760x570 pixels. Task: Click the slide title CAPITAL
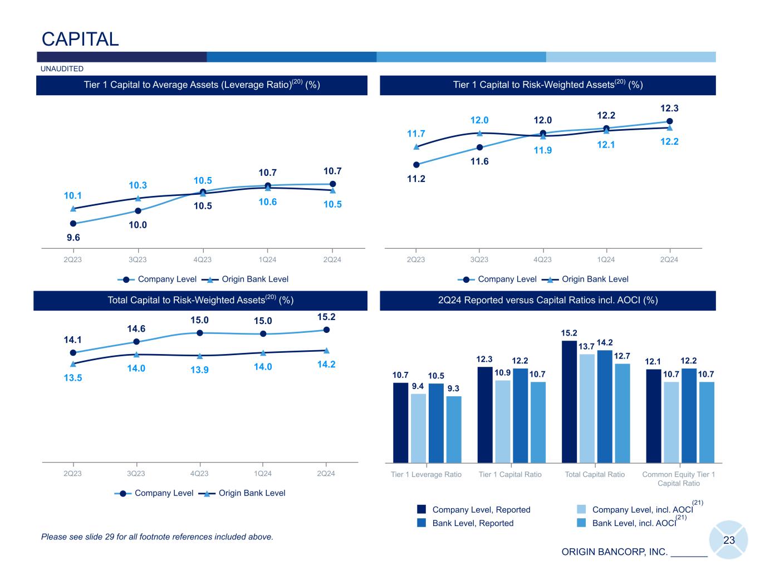[x=80, y=39]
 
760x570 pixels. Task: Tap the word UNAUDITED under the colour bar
[x=62, y=68]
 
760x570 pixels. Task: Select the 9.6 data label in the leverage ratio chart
[x=73, y=238]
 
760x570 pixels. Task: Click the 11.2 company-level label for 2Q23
[x=416, y=179]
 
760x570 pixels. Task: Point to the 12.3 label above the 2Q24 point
[x=669, y=109]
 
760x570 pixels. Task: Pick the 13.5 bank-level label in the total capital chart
[x=73, y=377]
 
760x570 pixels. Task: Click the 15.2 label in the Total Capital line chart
[x=326, y=317]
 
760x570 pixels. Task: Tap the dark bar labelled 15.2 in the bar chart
[x=569, y=401]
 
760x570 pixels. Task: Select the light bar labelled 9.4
[x=418, y=428]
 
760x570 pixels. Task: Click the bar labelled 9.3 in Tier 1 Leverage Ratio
[x=454, y=430]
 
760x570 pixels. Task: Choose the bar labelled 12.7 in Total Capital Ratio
[x=622, y=413]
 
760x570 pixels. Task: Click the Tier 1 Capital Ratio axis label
[x=510, y=474]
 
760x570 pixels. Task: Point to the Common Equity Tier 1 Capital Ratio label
[x=678, y=479]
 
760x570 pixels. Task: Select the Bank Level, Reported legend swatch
[x=421, y=523]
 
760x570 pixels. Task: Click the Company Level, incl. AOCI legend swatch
[x=581, y=509]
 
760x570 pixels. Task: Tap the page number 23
[x=729, y=540]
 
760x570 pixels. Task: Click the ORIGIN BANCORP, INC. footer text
[x=614, y=552]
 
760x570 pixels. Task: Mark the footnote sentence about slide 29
[x=157, y=537]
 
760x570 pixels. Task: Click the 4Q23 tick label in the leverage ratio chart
[x=202, y=259]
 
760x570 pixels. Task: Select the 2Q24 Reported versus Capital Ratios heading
[x=548, y=300]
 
